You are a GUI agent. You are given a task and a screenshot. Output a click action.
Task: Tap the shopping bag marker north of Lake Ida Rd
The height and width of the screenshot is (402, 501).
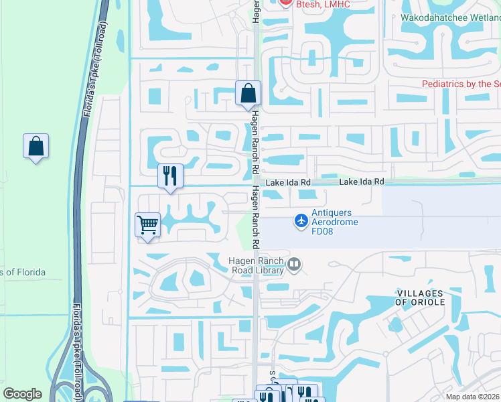pyautogui.click(x=248, y=94)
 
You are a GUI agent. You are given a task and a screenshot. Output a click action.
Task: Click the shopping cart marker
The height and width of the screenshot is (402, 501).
pyautogui.click(x=147, y=225)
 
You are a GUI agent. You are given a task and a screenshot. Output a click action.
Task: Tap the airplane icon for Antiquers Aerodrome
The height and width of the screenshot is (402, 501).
pyautogui.click(x=301, y=220)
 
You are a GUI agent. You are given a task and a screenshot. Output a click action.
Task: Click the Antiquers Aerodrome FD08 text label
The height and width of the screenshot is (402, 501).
pyautogui.click(x=334, y=222)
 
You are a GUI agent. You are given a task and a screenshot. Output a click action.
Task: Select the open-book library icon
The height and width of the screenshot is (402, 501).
pyautogui.click(x=293, y=266)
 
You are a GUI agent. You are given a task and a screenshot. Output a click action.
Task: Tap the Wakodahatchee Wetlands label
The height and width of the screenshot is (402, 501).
pyautogui.click(x=450, y=18)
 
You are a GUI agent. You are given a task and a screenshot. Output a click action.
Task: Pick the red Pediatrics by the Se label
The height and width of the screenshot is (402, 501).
pyautogui.click(x=461, y=84)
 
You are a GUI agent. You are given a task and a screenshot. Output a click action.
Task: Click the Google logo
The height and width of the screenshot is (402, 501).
pyautogui.click(x=22, y=394)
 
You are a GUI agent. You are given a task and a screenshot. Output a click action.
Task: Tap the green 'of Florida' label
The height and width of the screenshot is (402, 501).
pyautogui.click(x=23, y=272)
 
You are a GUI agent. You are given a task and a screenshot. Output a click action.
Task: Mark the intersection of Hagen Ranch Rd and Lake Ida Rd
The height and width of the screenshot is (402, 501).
pyautogui.click(x=255, y=184)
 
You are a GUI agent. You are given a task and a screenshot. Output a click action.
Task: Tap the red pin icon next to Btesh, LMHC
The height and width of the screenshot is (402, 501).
pyautogui.click(x=285, y=3)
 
